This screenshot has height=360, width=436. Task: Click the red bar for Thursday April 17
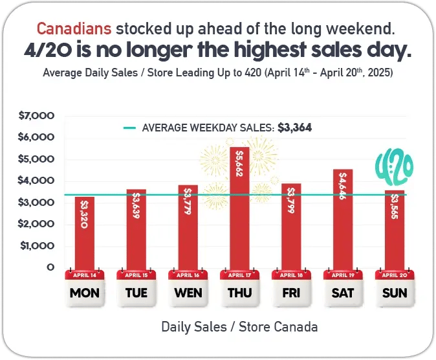click(239, 207)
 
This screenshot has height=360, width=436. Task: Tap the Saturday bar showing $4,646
click(343, 220)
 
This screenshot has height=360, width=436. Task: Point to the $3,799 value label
click(291, 202)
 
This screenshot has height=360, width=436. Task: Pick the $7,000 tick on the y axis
click(40, 116)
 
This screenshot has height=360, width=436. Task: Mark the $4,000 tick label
click(40, 181)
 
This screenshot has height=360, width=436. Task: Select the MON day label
click(84, 293)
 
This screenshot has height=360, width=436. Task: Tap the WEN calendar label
click(188, 293)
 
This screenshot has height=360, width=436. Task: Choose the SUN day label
click(395, 293)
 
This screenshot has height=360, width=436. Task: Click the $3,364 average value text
click(295, 128)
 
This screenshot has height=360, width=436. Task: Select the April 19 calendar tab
click(343, 275)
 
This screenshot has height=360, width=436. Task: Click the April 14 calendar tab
click(84, 275)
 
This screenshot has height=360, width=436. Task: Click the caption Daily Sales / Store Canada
click(239, 327)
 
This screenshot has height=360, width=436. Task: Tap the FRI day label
click(291, 293)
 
